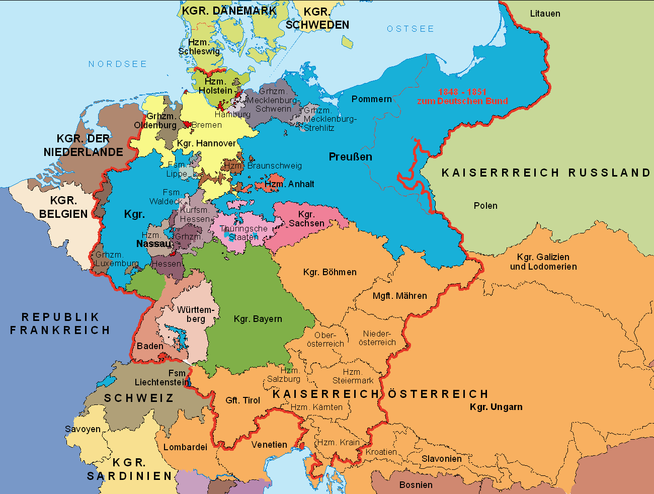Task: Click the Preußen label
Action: click(350, 157)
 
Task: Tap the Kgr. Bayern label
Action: click(258, 319)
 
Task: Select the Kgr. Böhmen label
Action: click(330, 272)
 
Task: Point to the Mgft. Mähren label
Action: click(399, 296)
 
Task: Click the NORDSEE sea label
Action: click(118, 64)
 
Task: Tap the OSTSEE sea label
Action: click(410, 29)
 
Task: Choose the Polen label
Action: click(485, 206)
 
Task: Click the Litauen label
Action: click(545, 14)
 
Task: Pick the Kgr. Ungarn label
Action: click(496, 407)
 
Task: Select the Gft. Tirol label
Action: click(242, 400)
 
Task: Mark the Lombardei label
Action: click(185, 447)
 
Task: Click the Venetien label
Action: click(269, 445)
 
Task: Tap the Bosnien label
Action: click(416, 485)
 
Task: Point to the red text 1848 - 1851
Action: click(462, 92)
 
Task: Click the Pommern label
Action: click(371, 99)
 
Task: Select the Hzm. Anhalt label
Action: click(289, 184)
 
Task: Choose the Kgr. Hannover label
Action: click(206, 143)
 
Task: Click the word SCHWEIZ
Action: click(139, 398)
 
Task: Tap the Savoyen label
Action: click(83, 429)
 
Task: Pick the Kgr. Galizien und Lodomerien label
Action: click(543, 262)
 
